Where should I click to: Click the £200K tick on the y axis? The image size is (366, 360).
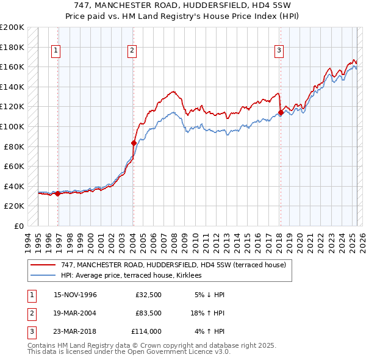pyautogui.click(x=12, y=27)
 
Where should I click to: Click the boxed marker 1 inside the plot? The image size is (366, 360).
pyautogui.click(x=56, y=51)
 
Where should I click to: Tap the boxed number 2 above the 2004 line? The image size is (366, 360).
pyautogui.click(x=132, y=51)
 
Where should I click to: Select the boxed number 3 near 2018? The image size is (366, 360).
pyautogui.click(x=279, y=51)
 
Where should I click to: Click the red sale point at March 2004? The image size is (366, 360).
pyautogui.click(x=134, y=143)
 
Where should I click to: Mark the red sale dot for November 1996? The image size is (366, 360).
pyautogui.click(x=58, y=193)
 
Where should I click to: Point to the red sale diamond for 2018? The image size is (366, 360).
pyautogui.click(x=280, y=113)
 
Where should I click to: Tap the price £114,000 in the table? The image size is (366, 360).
pyautogui.click(x=146, y=331)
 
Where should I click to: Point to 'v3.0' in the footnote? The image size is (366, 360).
pyautogui.click(x=222, y=352)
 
